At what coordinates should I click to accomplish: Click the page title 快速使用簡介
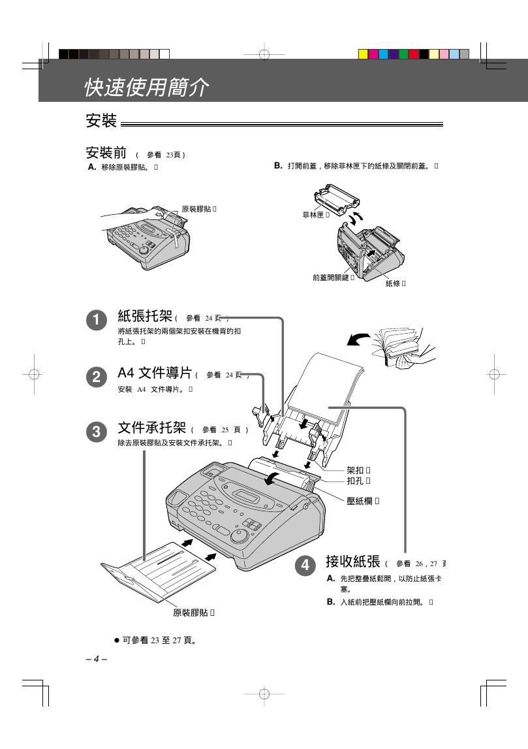tap(146, 88)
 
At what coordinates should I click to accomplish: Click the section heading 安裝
tap(101, 121)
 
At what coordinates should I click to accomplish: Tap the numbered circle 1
tap(97, 320)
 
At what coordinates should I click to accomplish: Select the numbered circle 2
tap(97, 376)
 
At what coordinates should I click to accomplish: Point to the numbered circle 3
tap(97, 432)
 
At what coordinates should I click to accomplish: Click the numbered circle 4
tap(305, 566)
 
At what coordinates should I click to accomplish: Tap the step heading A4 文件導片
tap(155, 373)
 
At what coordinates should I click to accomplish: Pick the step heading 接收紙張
tap(353, 562)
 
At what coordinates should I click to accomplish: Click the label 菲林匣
tap(313, 214)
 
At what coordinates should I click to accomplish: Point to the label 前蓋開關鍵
tap(331, 278)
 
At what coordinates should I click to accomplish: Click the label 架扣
tap(356, 470)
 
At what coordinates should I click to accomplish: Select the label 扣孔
tap(356, 481)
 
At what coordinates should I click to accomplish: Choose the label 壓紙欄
tap(360, 501)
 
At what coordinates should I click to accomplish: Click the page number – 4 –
tap(96, 658)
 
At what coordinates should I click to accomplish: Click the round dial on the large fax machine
tap(240, 535)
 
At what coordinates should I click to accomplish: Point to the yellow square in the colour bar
tap(364, 54)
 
